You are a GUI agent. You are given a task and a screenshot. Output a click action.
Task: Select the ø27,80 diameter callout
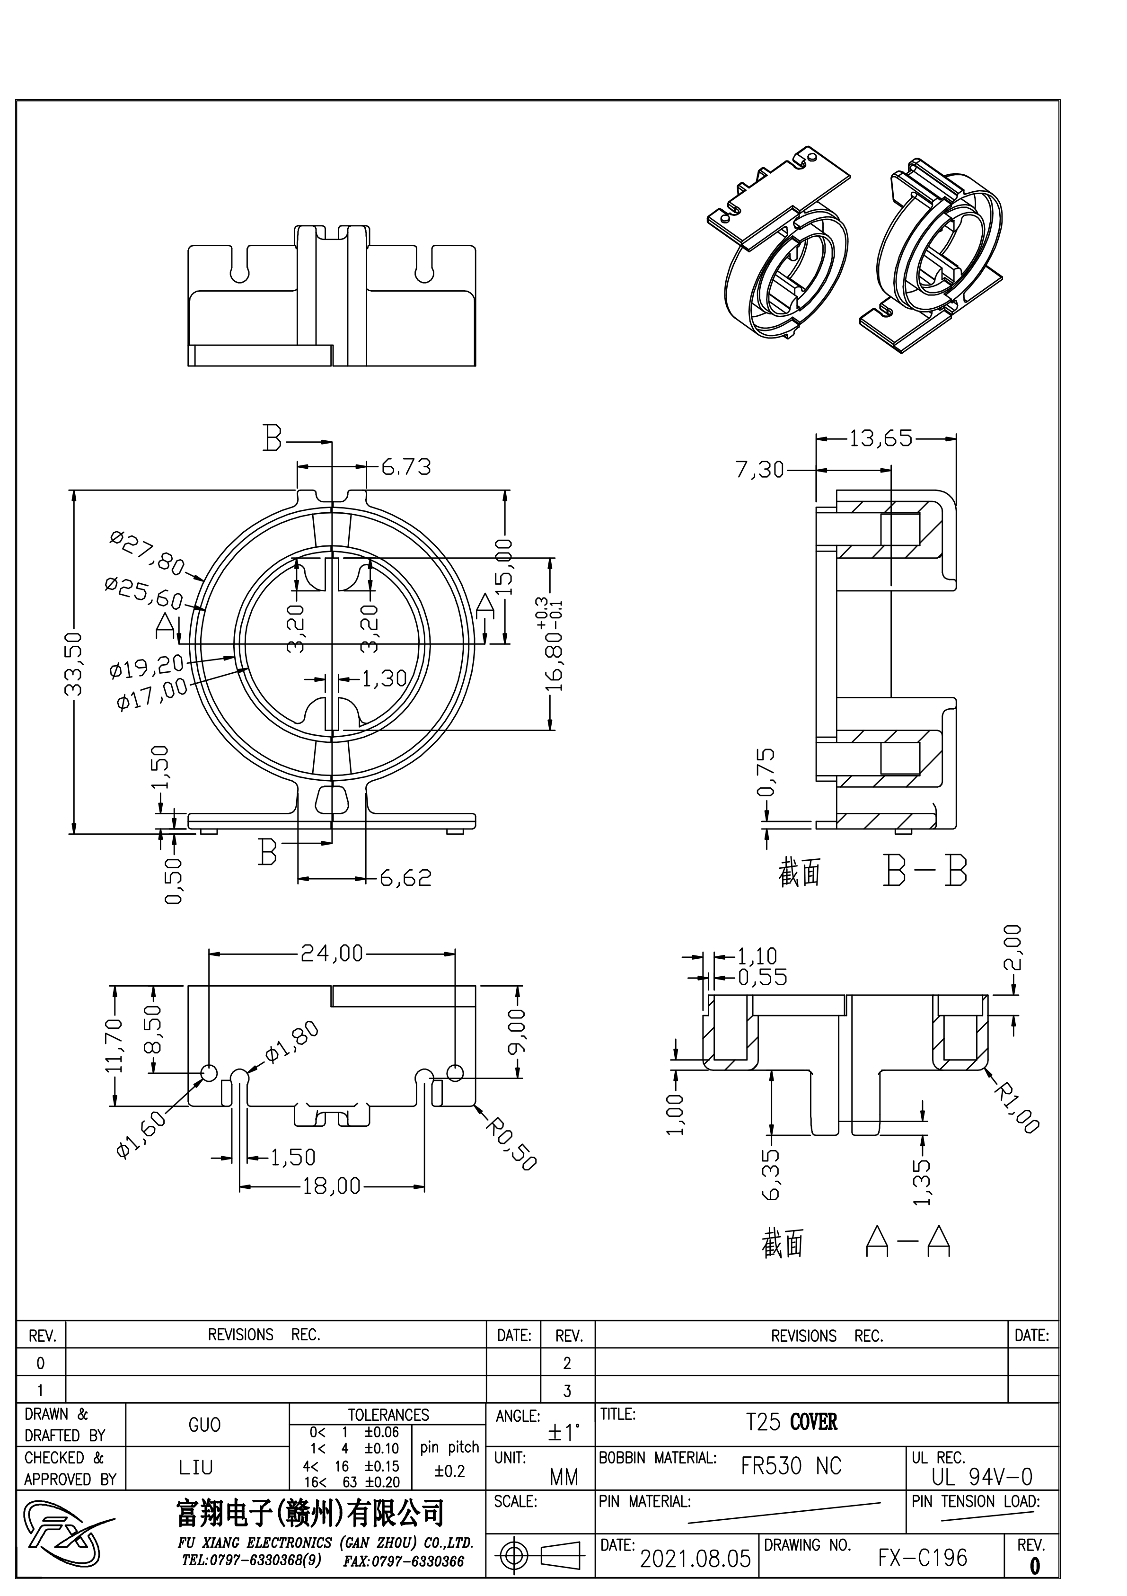pos(147,553)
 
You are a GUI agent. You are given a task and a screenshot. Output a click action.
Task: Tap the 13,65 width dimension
pos(880,438)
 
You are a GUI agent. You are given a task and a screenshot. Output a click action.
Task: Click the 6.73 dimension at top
pos(406,466)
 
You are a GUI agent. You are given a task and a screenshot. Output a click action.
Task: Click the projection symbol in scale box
pos(540,1555)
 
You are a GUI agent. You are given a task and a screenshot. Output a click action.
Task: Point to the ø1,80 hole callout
pos(292,1042)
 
